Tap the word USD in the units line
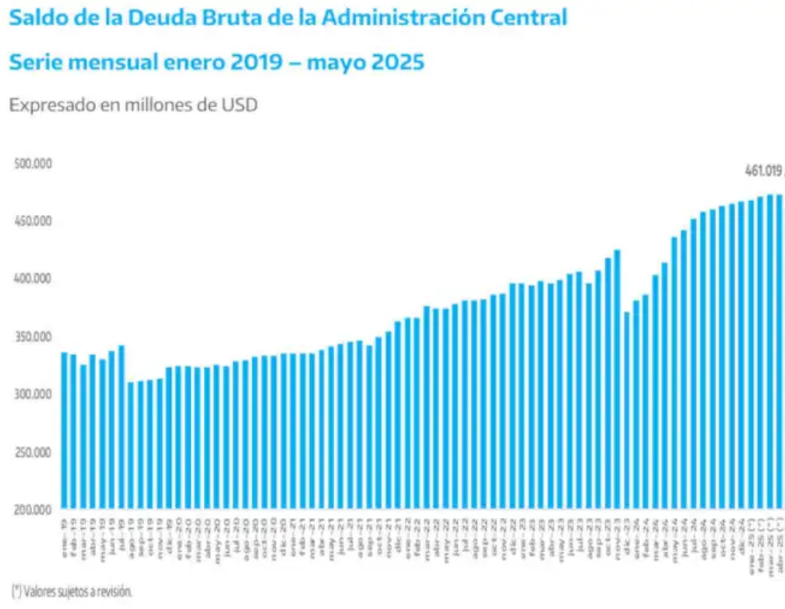(240, 106)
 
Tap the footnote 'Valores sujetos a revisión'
(72, 589)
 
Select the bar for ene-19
(64, 431)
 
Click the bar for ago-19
(131, 445)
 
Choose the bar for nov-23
(617, 380)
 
